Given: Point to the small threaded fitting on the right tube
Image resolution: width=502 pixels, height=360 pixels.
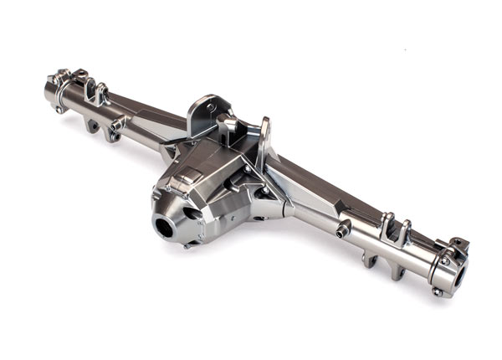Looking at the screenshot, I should coord(343,229).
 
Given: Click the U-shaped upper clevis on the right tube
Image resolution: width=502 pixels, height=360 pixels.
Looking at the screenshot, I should coord(394,229).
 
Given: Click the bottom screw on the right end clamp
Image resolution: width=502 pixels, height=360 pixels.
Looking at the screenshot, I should coord(437,291).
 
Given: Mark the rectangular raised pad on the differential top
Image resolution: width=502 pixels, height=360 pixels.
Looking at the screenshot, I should coord(190,175).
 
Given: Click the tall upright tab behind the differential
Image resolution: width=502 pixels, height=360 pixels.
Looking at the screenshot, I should coord(264,142).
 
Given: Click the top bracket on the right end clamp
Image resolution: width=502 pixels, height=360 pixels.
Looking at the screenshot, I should coord(458,245).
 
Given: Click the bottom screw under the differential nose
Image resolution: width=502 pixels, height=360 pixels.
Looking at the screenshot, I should coord(189,244).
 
